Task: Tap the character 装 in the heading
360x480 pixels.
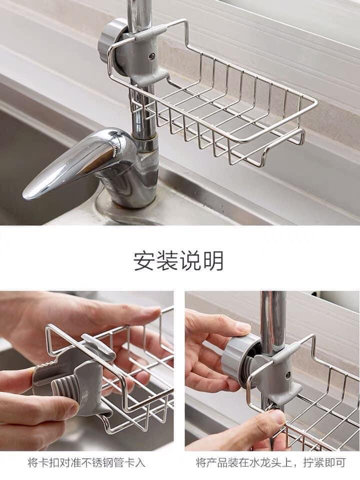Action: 167,261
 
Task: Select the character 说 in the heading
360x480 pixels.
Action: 190,261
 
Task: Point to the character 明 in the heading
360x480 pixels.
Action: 213,261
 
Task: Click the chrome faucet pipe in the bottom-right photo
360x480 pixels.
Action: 273,320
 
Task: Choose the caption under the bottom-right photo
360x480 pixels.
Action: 270,462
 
